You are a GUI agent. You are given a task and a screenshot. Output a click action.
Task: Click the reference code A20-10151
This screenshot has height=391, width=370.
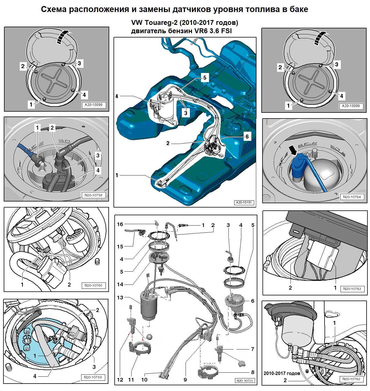(x=244, y=202)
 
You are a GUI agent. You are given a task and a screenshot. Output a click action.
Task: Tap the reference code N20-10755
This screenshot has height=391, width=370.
(x=244, y=381)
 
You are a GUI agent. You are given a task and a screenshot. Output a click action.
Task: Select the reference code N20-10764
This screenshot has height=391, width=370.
(x=352, y=197)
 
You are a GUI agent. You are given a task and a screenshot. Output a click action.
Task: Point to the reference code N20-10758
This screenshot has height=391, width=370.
(x=94, y=195)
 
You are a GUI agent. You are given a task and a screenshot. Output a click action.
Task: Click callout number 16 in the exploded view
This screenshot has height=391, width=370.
(x=120, y=224)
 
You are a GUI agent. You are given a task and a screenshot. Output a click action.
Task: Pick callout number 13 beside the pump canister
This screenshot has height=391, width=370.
(x=120, y=297)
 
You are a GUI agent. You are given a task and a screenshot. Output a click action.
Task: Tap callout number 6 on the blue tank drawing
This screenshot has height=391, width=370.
(x=247, y=137)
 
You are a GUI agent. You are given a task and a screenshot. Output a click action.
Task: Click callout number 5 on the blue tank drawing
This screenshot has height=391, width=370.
(x=205, y=78)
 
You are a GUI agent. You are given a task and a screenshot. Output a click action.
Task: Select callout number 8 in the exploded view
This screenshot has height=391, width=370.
(x=253, y=372)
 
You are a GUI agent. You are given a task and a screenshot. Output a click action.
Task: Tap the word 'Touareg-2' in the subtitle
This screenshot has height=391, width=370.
(x=161, y=23)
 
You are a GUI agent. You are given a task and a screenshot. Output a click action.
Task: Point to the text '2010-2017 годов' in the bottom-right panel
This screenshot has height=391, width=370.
(x=282, y=374)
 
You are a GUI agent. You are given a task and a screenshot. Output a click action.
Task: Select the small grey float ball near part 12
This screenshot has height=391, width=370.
(x=149, y=337)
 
